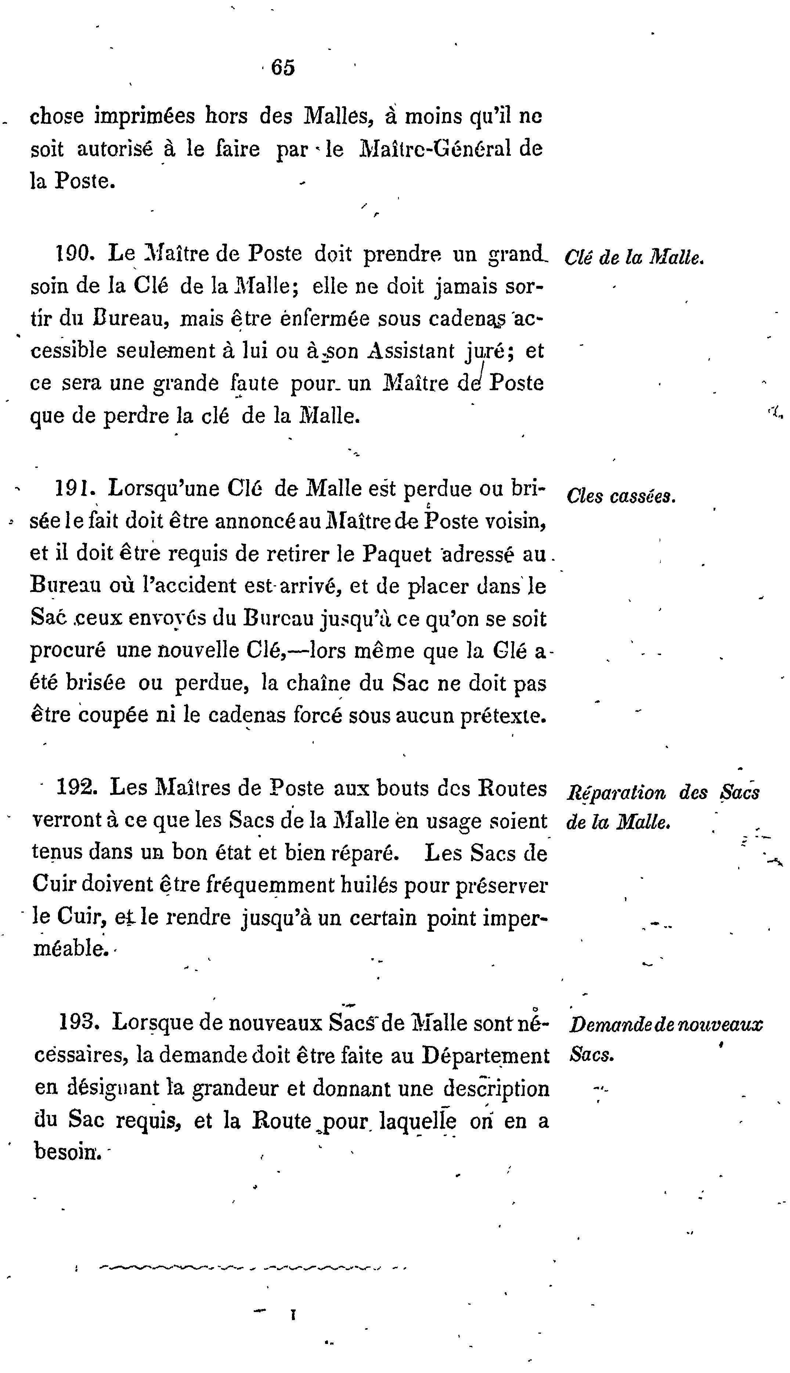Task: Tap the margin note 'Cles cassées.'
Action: pos(621,496)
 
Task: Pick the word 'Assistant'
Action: pos(410,351)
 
